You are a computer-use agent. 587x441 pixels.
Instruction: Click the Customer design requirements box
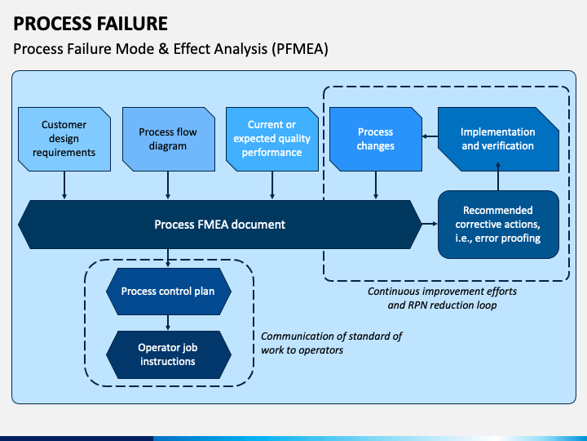(64, 139)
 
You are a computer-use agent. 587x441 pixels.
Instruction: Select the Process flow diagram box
(169, 139)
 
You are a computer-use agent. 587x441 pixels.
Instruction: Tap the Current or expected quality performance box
(272, 139)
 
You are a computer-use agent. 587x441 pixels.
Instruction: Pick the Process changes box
(376, 139)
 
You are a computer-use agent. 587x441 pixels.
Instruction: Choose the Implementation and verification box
(498, 139)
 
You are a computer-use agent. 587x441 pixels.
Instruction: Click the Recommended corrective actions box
(498, 225)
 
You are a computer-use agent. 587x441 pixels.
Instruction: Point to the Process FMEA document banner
(220, 225)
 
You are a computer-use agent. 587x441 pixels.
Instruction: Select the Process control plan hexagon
(169, 292)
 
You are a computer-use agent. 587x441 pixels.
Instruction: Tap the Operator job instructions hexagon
(169, 354)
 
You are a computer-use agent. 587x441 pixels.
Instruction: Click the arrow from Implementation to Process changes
(430, 136)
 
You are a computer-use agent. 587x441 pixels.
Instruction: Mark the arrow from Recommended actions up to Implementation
(498, 176)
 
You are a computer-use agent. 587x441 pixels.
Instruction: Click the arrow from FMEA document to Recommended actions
(430, 224)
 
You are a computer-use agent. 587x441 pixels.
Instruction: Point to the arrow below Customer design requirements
(64, 185)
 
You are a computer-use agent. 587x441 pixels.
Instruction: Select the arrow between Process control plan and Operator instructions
(168, 323)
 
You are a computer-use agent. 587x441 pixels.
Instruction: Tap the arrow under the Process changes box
(376, 185)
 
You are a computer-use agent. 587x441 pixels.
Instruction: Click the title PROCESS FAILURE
(90, 24)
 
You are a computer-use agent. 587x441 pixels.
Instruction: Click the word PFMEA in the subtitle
(300, 49)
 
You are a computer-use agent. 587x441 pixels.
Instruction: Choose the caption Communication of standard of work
(331, 343)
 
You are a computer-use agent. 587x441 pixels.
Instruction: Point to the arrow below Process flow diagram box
(168, 185)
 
